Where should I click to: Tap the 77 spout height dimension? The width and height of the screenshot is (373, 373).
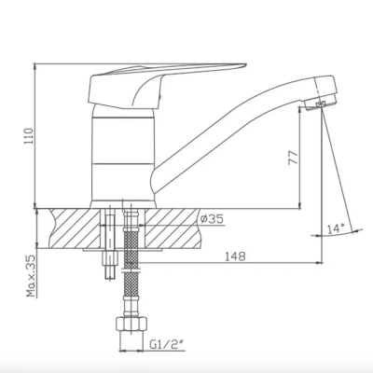[x=294, y=159]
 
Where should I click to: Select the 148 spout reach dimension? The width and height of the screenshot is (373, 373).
[x=235, y=256]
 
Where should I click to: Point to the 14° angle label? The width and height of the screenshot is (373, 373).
[x=336, y=229]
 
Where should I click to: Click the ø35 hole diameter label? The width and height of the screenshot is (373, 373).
[x=212, y=219]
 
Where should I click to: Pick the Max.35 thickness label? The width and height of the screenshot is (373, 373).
[x=31, y=276]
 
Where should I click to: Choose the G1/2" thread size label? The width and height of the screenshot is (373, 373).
[x=166, y=344]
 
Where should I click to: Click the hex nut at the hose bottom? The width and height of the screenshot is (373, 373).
[x=131, y=325]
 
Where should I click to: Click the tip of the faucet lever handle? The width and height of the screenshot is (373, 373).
[x=245, y=65]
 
